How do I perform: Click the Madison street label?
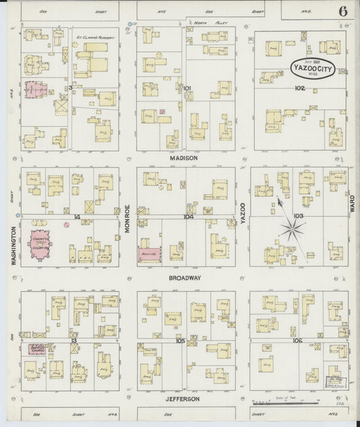tap(184, 158)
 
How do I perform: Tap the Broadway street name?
tap(185, 278)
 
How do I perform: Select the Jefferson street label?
tap(182, 399)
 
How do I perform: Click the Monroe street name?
tap(127, 220)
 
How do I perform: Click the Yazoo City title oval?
tap(319, 68)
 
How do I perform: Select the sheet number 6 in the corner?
tap(344, 11)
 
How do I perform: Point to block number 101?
tap(187, 88)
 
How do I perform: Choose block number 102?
tap(300, 88)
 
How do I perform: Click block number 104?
tap(188, 217)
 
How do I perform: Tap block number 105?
tap(180, 341)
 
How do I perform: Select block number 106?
tap(297, 340)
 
